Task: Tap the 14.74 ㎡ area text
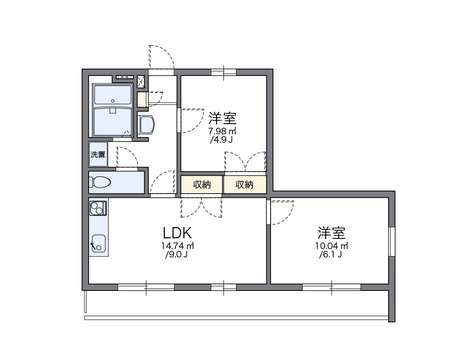point(177,246)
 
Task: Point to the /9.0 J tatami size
point(177,255)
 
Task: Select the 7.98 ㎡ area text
point(222,131)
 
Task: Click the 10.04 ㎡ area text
point(332,246)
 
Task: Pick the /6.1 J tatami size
point(332,255)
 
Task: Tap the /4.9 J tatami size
point(222,139)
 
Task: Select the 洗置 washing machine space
point(98,155)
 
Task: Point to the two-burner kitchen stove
point(98,208)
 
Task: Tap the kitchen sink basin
point(98,243)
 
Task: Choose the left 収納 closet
point(202,185)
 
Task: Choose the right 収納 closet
point(244,185)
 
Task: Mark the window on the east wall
point(392,242)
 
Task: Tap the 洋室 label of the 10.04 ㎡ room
point(332,232)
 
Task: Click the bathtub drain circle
point(113,101)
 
